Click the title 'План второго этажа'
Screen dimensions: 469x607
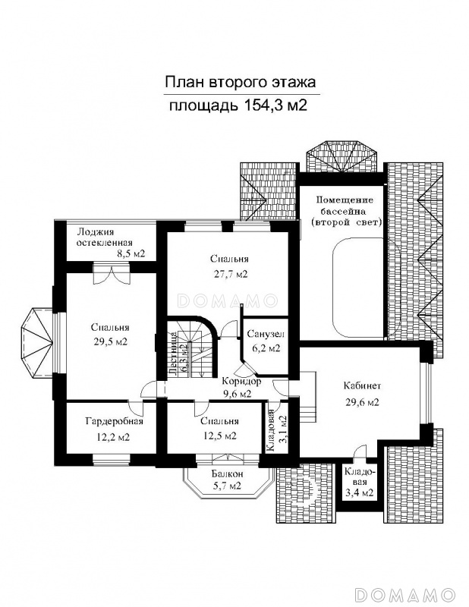(240, 82)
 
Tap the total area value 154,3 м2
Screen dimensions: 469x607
(275, 105)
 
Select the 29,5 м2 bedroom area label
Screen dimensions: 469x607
(109, 342)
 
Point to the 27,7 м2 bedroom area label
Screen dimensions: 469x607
(230, 274)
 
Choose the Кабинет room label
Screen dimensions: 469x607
(363, 385)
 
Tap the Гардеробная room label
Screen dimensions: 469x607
(115, 421)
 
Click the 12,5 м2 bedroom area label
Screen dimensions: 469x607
(219, 436)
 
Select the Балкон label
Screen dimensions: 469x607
(228, 473)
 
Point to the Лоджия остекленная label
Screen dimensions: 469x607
(105, 237)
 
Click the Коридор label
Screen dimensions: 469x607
(241, 382)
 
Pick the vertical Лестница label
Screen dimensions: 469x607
(173, 353)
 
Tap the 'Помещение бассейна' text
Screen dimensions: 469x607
(345, 206)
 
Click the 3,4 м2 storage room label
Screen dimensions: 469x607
(360, 492)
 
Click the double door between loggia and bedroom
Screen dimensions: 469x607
(111, 275)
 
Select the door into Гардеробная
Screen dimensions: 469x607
(136, 407)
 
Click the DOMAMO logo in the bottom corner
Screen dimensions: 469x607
(404, 594)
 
